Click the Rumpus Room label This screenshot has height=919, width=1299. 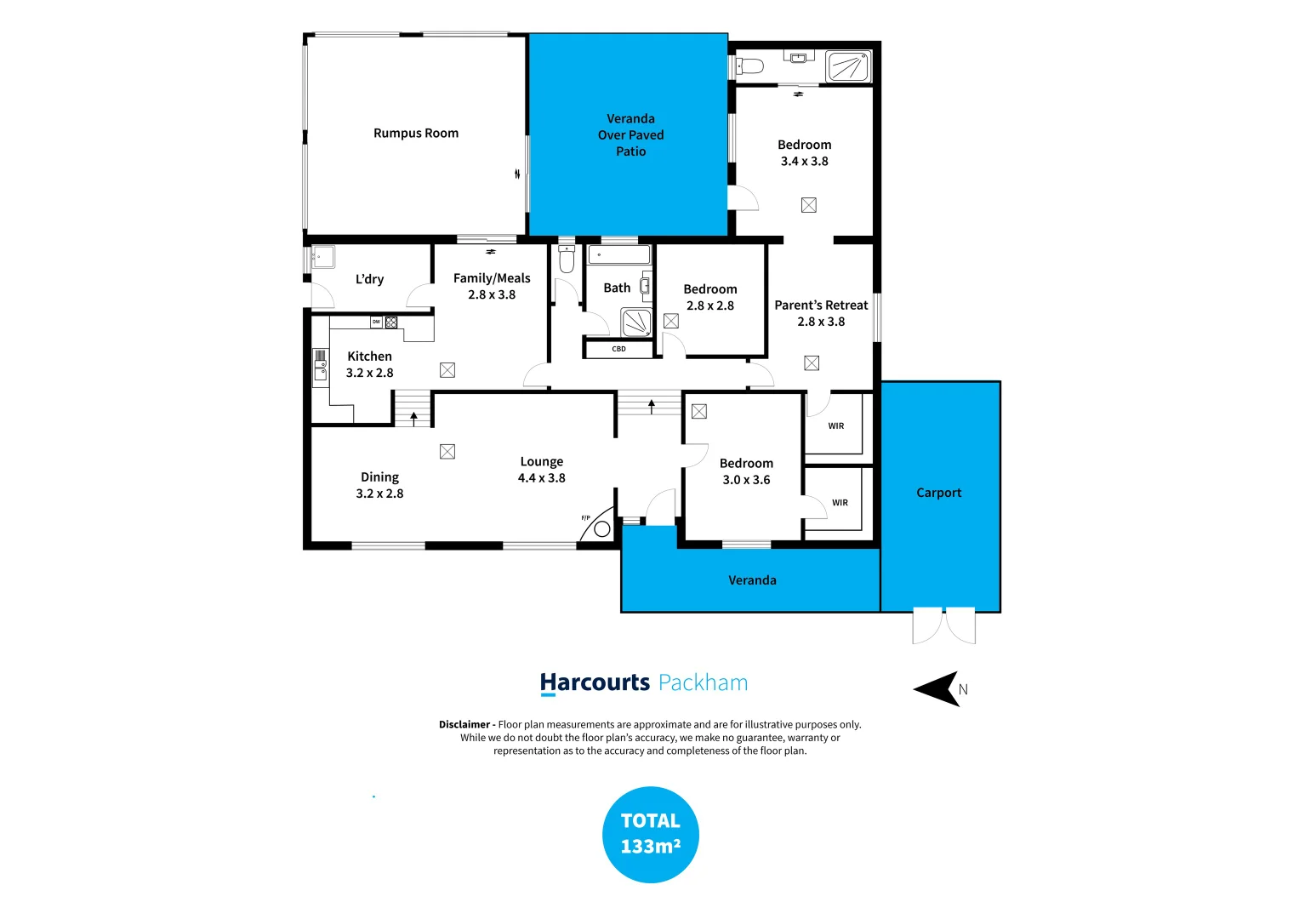pos(416,134)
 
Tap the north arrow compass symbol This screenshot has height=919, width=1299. pos(939,688)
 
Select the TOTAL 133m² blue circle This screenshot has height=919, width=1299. pos(650,834)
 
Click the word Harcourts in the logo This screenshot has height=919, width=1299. pos(595,682)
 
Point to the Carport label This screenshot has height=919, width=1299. pos(938,493)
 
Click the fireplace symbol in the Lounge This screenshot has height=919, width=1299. pos(601,528)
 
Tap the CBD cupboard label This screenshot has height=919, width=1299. pos(618,349)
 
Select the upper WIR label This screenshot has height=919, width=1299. pos(836,426)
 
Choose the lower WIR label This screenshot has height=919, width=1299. pos(840,503)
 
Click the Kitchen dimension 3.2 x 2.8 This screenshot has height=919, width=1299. pos(369,373)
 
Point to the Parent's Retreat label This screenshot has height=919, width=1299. pos(821,305)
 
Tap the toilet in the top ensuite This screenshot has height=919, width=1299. pos(749,66)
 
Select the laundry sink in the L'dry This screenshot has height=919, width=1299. pos(322,256)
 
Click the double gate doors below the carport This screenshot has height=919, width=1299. pos(943,625)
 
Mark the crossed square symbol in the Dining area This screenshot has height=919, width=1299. pos(447,452)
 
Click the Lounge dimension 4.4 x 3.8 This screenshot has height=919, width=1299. pos(541,478)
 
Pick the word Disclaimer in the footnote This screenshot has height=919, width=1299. pos(464,725)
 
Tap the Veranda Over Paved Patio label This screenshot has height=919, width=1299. pos(630,135)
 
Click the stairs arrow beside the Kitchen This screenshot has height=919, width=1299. pos(414,417)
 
